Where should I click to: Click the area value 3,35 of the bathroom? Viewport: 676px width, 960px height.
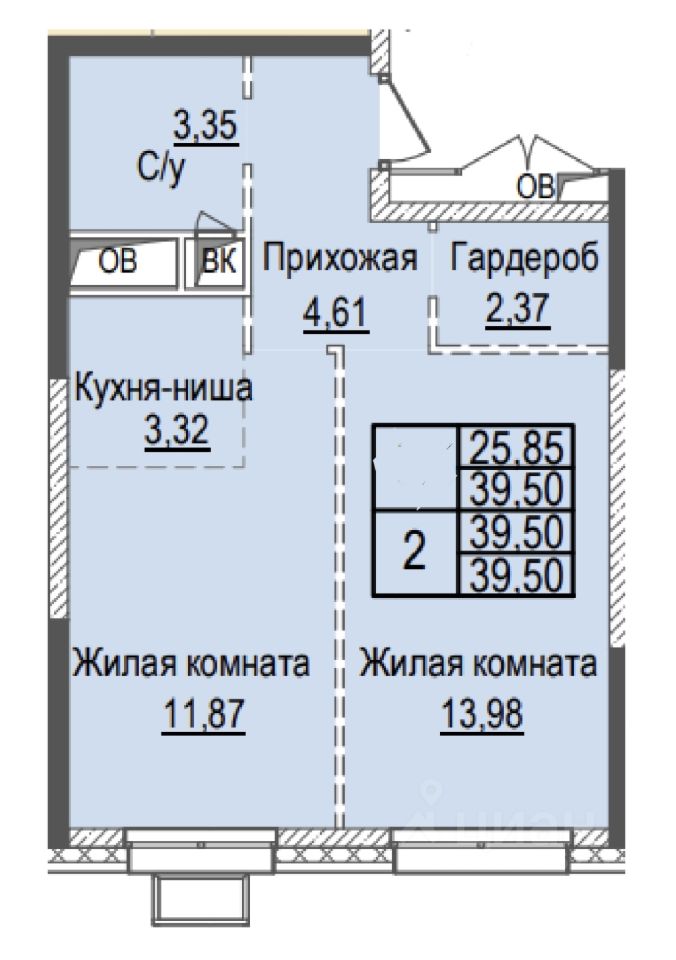click(x=206, y=127)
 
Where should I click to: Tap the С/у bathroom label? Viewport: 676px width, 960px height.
click(x=160, y=170)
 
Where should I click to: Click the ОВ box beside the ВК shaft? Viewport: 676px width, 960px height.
click(x=123, y=263)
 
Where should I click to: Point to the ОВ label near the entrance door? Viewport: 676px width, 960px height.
click(x=535, y=187)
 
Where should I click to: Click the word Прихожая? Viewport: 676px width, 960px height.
click(x=340, y=258)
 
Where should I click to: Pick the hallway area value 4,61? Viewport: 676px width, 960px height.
click(x=336, y=313)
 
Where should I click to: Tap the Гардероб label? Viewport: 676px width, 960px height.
click(x=524, y=258)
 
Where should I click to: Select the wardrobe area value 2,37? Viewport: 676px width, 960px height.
click(x=517, y=308)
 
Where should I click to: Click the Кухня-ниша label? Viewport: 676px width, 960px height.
click(x=163, y=388)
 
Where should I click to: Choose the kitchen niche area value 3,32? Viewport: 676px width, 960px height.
click(x=177, y=431)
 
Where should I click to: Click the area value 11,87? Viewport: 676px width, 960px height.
click(x=203, y=713)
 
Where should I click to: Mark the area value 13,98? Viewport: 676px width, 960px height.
click(x=482, y=713)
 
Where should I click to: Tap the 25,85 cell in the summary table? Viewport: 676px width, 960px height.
click(x=515, y=447)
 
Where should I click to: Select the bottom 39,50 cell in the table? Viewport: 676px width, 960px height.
click(x=515, y=574)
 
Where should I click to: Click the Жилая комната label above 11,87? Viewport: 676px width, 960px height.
click(x=191, y=664)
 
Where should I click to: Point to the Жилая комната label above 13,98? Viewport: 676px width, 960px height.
click(x=478, y=664)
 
